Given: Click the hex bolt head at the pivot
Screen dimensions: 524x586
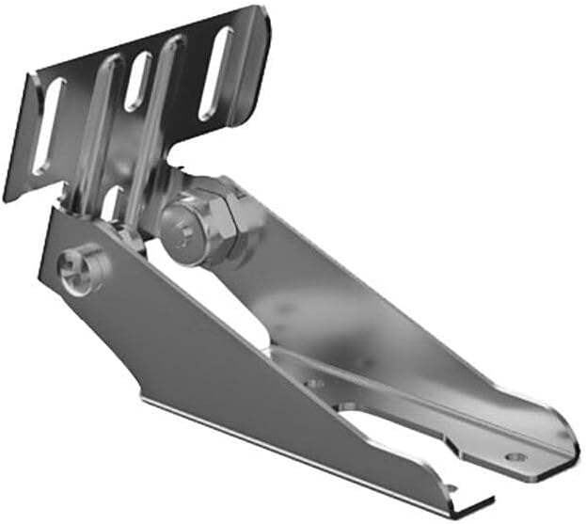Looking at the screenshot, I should [182, 229].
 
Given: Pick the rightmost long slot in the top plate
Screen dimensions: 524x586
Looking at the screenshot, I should [216, 73].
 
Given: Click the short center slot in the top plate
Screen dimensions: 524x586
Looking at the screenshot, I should [138, 81].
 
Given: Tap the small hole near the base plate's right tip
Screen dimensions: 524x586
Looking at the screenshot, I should [514, 457].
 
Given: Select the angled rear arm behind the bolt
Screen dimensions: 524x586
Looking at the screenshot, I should [310, 282].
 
